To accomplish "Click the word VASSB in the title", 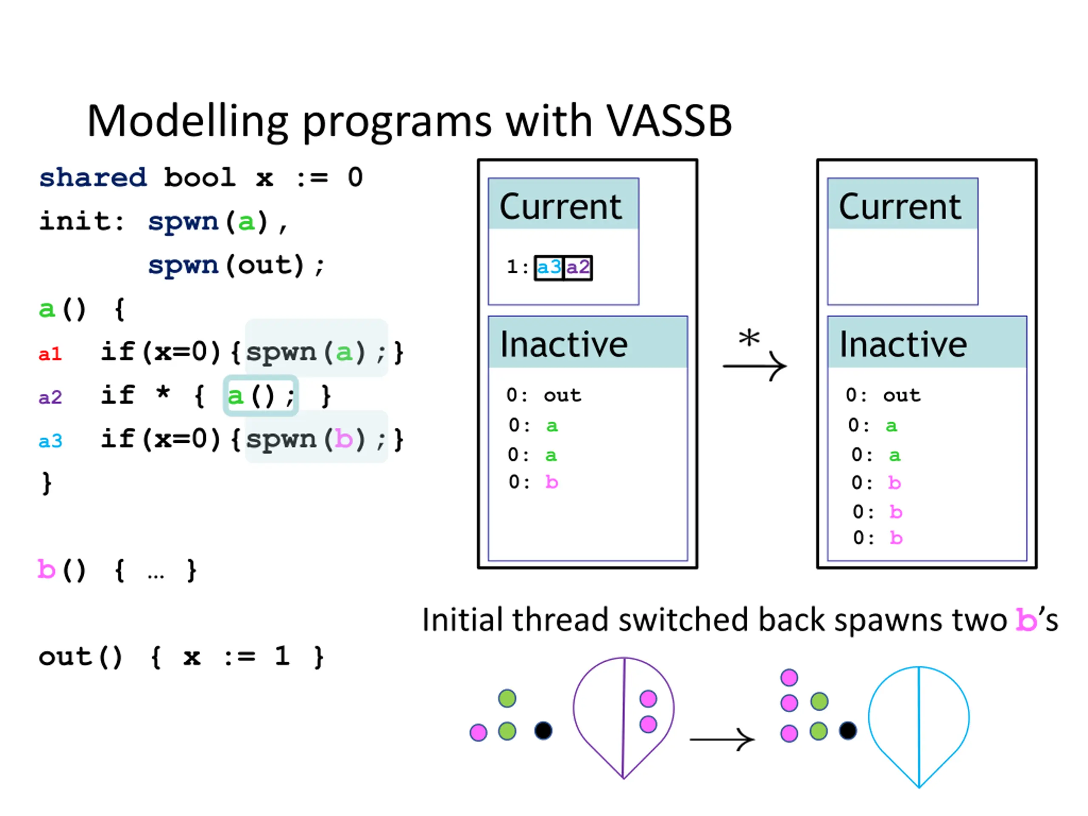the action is pos(669,121).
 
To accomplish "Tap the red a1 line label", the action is pos(50,354).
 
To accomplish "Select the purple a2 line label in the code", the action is pos(50,397).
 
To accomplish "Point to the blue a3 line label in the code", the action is pos(50,441).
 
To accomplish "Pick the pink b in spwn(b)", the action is pos(343,439).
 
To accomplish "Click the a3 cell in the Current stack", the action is pos(549,268).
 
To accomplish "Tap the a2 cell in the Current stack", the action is pos(578,268).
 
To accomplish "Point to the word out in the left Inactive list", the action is pos(563,395).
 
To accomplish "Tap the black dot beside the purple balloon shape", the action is pos(543,731).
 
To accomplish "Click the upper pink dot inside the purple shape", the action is pos(648,698).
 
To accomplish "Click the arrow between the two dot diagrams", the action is pos(722,739).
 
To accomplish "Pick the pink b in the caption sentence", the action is pos(1026,620).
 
